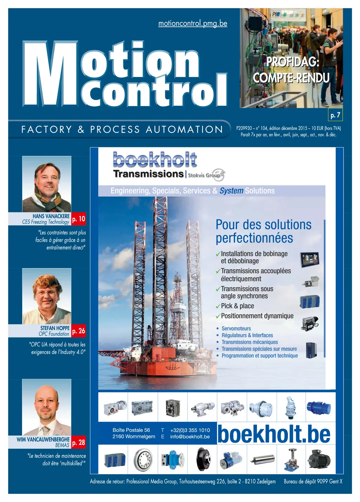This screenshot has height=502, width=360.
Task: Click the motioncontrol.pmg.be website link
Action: point(193,24)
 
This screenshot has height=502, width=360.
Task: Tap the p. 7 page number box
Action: point(335,115)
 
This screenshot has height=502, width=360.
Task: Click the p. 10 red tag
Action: point(79,219)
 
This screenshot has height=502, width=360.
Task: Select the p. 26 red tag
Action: point(79,331)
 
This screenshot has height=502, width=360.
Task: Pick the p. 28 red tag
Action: point(79,443)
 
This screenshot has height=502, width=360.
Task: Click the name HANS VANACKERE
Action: point(51,216)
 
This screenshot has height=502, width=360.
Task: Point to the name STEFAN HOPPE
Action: point(55,328)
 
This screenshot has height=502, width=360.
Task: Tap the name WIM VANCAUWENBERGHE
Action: point(43,439)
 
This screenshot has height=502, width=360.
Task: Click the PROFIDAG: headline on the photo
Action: point(292,62)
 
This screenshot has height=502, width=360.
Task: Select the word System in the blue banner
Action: point(231,191)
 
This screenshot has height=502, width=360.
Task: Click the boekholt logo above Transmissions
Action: point(155,160)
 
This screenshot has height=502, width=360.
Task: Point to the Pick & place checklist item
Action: point(237,306)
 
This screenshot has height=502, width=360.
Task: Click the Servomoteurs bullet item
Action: point(236,328)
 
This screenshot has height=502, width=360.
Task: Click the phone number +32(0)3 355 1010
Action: point(190,430)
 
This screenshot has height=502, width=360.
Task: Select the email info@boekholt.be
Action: point(190,437)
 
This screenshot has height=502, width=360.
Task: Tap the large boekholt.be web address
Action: point(274,434)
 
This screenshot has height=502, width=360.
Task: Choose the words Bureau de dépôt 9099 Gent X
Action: point(313,481)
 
